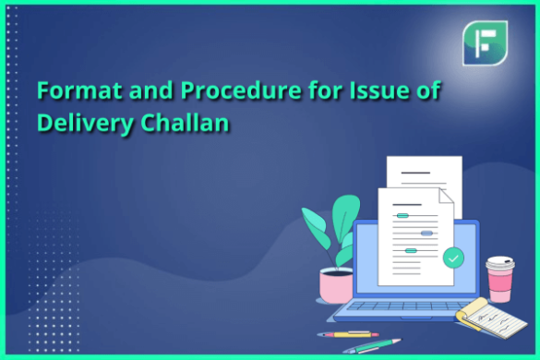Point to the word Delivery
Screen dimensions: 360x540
(79, 123)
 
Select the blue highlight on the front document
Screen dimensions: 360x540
(426, 234)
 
